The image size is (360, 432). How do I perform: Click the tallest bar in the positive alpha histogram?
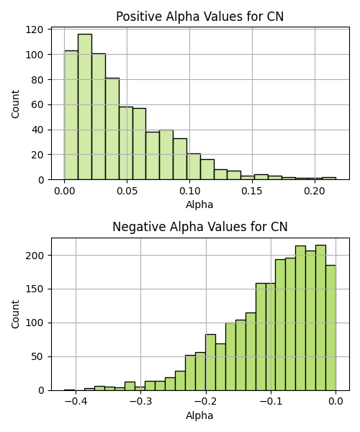85,107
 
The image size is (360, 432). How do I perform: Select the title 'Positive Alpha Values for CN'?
199,17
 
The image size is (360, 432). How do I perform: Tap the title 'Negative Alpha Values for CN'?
200,227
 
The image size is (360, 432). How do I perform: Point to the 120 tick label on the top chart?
35,30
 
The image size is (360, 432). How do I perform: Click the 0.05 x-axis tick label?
127,191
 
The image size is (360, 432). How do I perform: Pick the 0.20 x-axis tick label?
315,191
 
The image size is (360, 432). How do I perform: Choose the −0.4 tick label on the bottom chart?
76,401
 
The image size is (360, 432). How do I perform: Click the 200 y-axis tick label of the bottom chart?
35,256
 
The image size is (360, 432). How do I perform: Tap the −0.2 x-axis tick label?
206,401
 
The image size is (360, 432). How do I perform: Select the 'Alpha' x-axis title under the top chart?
199,204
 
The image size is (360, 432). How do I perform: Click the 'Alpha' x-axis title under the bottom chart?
199,415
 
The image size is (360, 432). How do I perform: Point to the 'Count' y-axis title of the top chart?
15,104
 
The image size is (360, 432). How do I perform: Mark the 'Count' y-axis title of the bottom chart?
15,315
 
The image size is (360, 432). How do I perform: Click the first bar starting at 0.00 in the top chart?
71,115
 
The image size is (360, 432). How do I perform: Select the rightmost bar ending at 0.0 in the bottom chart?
330,328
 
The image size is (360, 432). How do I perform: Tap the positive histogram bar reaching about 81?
112,129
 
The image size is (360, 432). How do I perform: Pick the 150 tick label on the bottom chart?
35,289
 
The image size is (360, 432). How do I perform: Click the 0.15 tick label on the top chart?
252,191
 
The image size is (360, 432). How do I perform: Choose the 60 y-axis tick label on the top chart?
37,104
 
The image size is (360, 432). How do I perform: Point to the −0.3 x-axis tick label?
140,401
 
